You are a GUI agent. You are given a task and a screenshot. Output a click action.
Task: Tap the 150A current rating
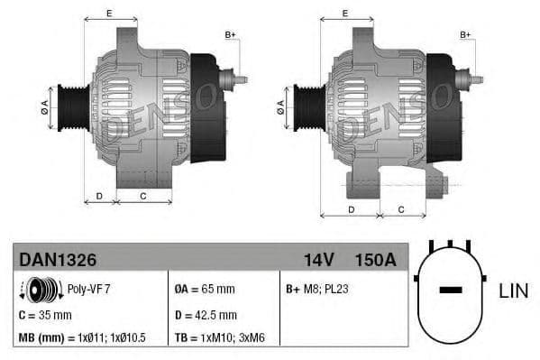pyautogui.click(x=375, y=259)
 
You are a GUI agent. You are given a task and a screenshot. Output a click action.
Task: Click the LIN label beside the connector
pyautogui.click(x=513, y=291)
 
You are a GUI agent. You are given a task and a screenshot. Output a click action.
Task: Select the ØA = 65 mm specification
pyautogui.click(x=204, y=290)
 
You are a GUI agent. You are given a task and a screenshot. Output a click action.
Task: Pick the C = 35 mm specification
pyautogui.click(x=45, y=315)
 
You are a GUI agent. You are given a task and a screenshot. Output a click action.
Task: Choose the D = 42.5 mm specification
pyautogui.click(x=205, y=315)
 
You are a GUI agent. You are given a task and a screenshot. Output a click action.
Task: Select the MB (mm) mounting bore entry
pyautogui.click(x=82, y=337)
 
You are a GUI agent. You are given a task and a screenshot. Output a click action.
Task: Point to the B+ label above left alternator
pyautogui.click(x=230, y=35)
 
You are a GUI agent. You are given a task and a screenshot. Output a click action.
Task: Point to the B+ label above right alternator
pyautogui.click(x=466, y=35)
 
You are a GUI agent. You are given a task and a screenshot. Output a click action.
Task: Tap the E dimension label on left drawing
pyautogui.click(x=109, y=13)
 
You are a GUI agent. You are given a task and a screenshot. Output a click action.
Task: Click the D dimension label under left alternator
pyautogui.click(x=99, y=195)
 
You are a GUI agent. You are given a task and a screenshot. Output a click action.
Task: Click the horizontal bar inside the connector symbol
pyautogui.click(x=451, y=291)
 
